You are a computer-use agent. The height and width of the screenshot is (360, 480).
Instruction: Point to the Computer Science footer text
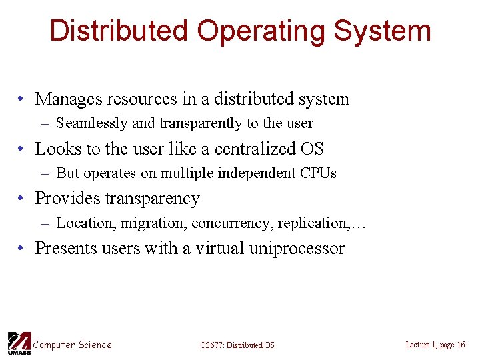[x=73, y=345]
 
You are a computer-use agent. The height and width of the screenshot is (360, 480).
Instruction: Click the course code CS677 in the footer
[x=212, y=345]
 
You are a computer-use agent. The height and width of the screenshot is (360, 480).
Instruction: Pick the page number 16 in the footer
[x=461, y=345]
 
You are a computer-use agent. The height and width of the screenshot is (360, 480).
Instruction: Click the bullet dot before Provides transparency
[x=22, y=199]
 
